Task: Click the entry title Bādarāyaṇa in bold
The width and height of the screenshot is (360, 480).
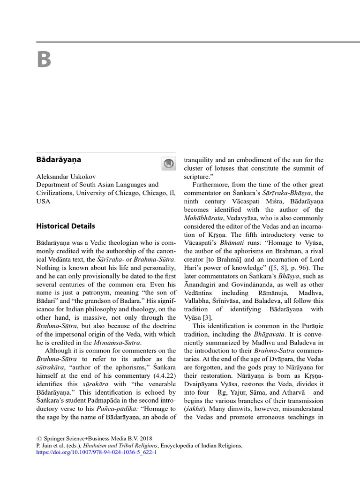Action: [59, 160]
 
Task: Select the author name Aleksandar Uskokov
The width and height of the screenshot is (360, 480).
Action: [67, 176]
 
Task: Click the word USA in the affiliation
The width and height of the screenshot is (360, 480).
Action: [43, 202]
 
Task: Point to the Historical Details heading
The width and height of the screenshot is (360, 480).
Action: [66, 226]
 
